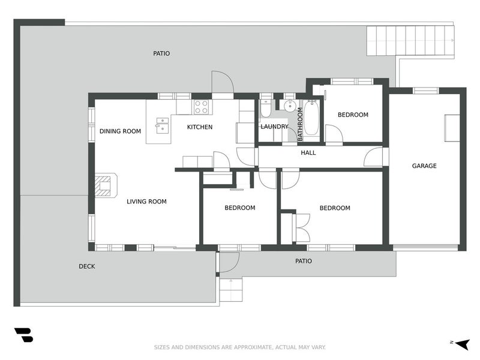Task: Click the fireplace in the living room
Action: point(104,185)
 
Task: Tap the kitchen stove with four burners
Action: point(201,107)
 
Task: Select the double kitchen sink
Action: point(163,125)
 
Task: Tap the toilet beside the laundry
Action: point(266,109)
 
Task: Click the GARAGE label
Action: point(424,166)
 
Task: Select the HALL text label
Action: point(308,152)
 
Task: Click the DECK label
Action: point(87,266)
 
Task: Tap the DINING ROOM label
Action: point(120,131)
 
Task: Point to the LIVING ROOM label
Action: point(146,202)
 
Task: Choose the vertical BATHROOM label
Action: point(300,124)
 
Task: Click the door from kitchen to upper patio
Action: point(222,84)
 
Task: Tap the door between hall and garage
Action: point(374,157)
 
